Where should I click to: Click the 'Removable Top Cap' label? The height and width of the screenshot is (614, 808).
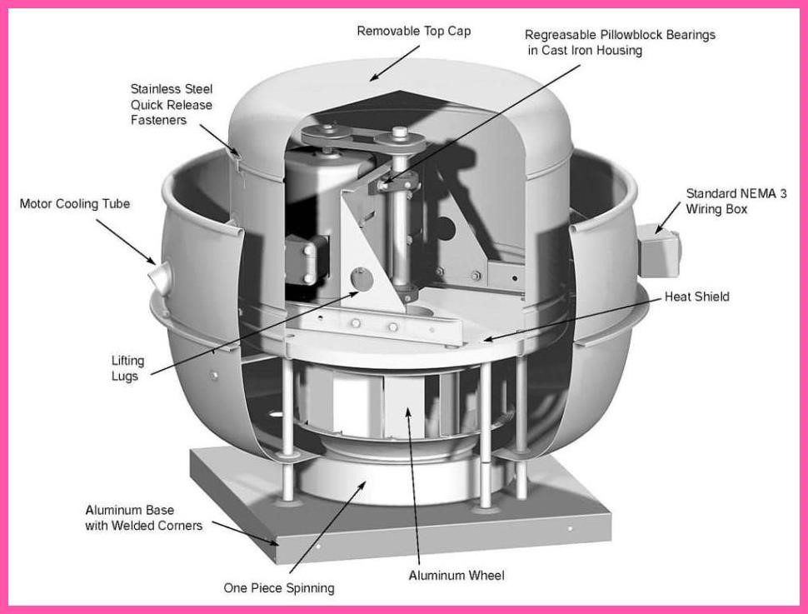coord(413,31)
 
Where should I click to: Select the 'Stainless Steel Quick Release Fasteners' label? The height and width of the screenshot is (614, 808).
coord(171,104)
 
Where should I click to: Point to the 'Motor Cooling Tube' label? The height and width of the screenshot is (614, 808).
coord(74,204)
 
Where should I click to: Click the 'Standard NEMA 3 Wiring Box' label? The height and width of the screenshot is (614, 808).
coord(736,202)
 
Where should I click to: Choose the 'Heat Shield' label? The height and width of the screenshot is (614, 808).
coord(696,297)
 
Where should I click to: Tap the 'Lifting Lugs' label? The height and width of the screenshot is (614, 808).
coord(127,368)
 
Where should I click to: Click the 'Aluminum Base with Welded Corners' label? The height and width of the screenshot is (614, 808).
coord(143,517)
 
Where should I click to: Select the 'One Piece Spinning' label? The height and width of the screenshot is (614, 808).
coord(278,588)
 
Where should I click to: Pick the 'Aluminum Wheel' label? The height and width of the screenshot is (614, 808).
coord(456,575)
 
